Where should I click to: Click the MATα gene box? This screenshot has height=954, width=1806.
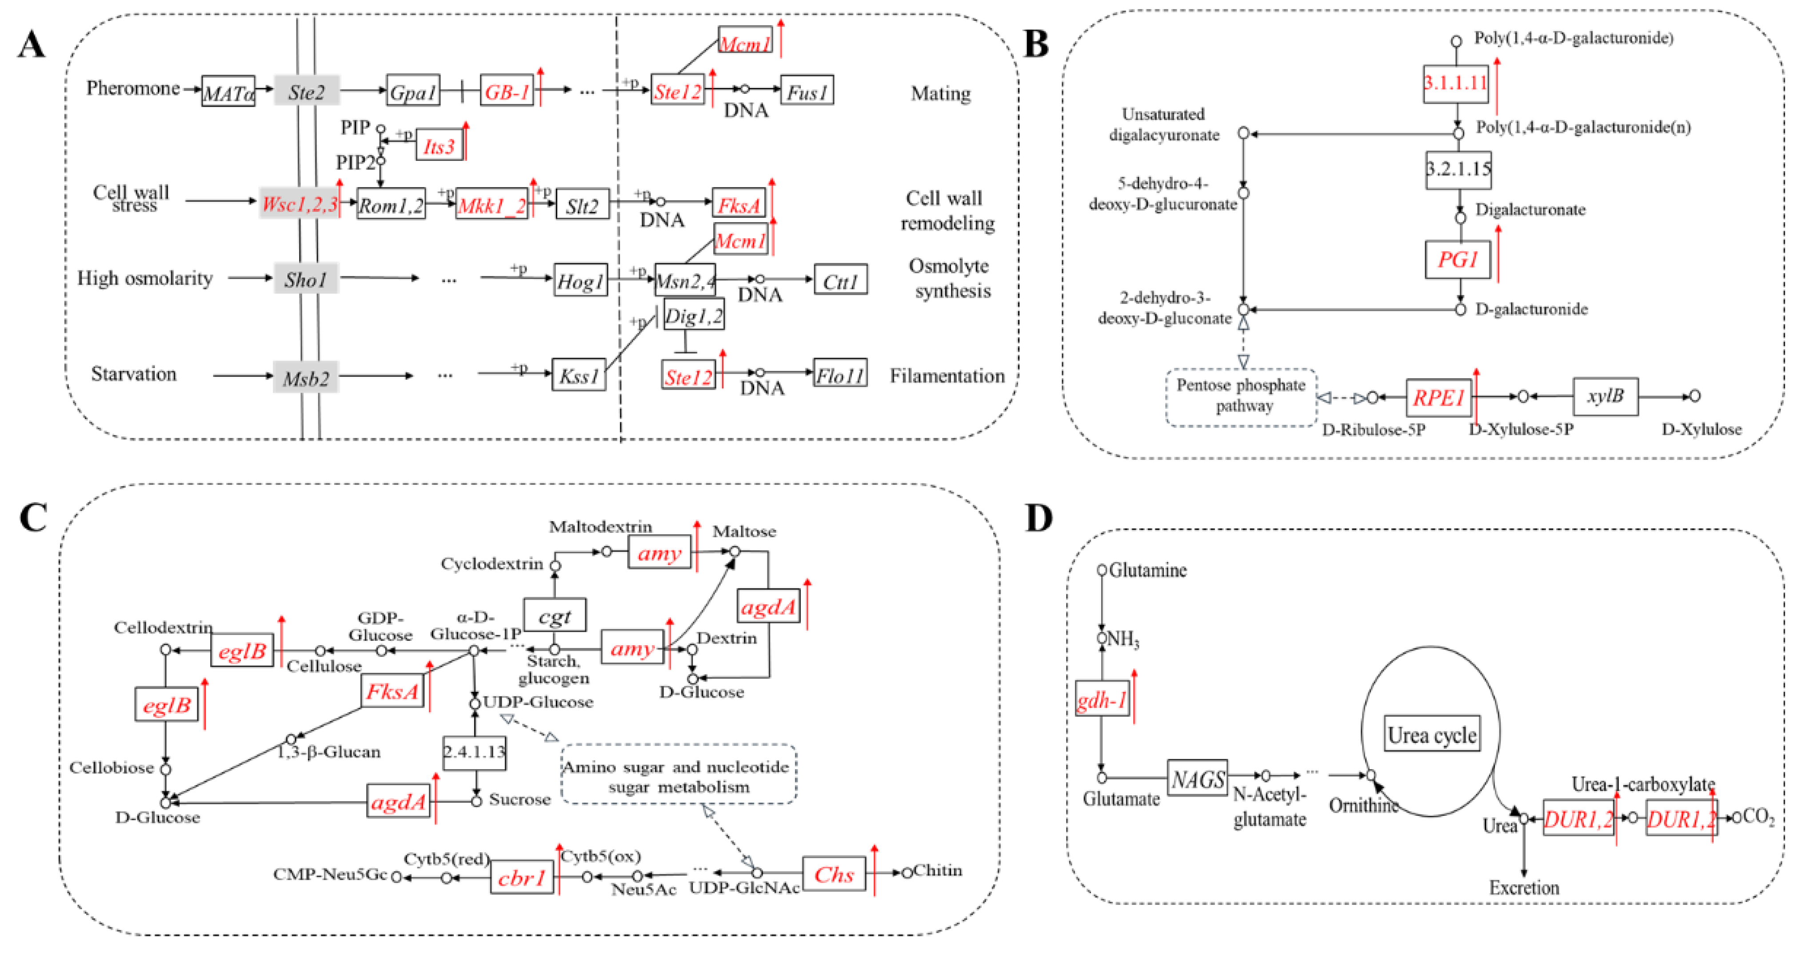[228, 91]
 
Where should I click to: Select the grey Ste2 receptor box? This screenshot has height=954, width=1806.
[306, 91]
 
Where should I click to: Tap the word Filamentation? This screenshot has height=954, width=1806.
[947, 376]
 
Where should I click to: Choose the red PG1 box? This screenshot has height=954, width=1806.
[1458, 260]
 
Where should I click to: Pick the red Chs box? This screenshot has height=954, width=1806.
[834, 874]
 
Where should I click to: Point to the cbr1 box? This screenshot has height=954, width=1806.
[522, 878]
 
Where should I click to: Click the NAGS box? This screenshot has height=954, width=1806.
[1198, 778]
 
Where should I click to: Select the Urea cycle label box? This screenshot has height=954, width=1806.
[1432, 734]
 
